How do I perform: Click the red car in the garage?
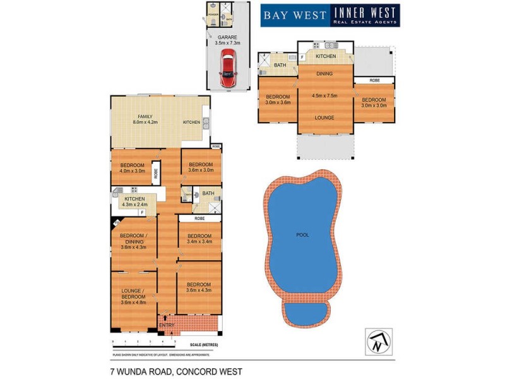click(227, 68)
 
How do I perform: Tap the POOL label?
click(303, 235)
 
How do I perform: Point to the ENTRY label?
click(167, 325)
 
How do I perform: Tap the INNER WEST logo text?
click(365, 13)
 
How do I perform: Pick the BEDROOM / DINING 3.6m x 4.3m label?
click(133, 241)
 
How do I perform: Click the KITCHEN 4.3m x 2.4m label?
click(134, 202)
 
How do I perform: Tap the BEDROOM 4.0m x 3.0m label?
click(132, 167)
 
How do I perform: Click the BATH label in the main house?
click(208, 193)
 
